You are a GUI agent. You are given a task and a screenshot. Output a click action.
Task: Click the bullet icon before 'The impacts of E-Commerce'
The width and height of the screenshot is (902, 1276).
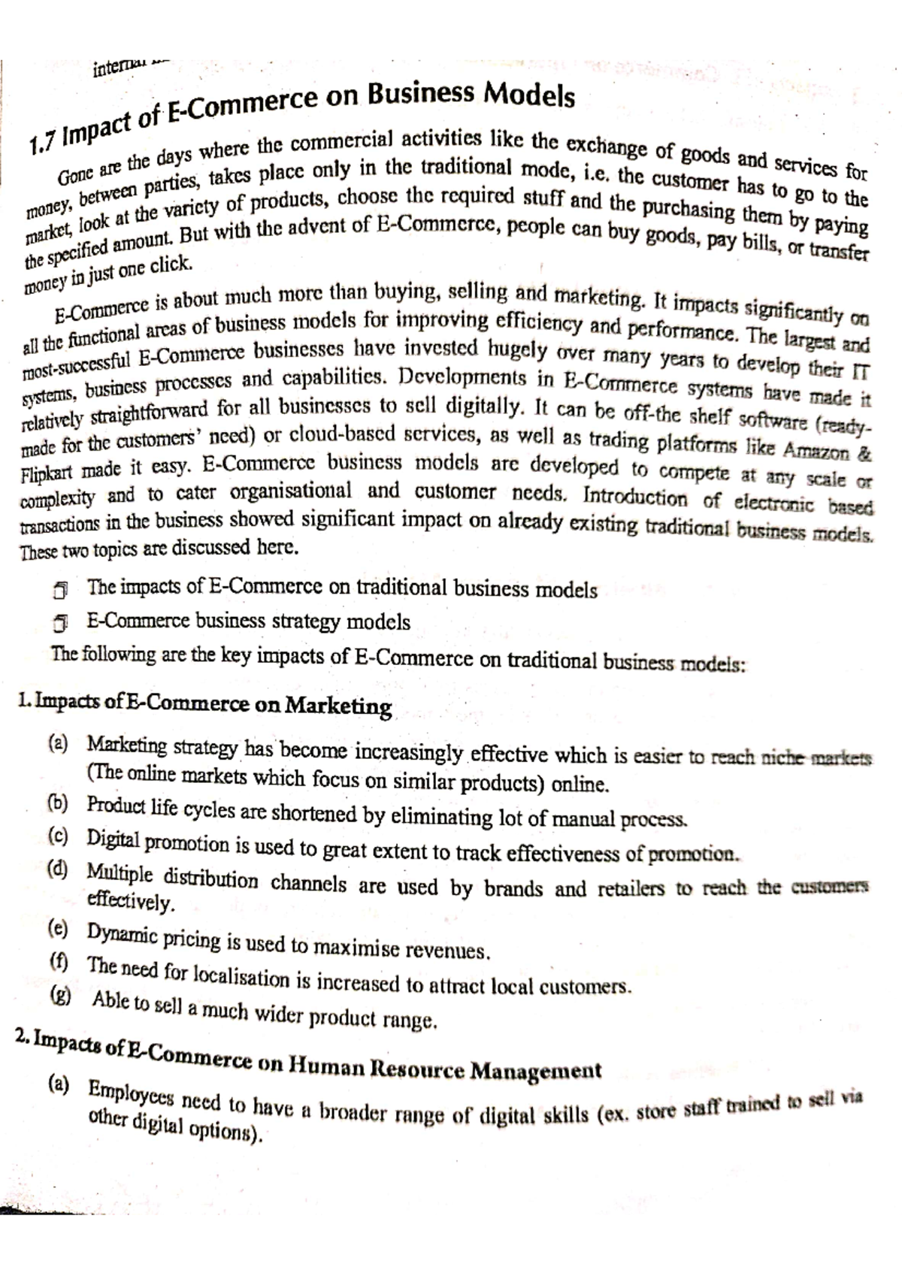point(61,590)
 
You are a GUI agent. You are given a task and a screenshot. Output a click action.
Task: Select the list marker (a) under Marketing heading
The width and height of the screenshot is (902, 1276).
point(57,744)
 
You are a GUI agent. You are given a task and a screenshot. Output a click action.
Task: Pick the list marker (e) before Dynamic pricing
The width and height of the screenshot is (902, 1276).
point(57,930)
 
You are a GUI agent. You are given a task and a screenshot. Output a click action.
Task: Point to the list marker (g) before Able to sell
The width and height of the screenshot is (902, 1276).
point(59,996)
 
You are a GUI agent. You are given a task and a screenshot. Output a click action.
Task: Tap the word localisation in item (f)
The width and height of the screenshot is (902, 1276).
point(241,977)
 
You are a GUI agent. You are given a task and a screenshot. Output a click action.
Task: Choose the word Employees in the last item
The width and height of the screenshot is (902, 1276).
point(130,1093)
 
